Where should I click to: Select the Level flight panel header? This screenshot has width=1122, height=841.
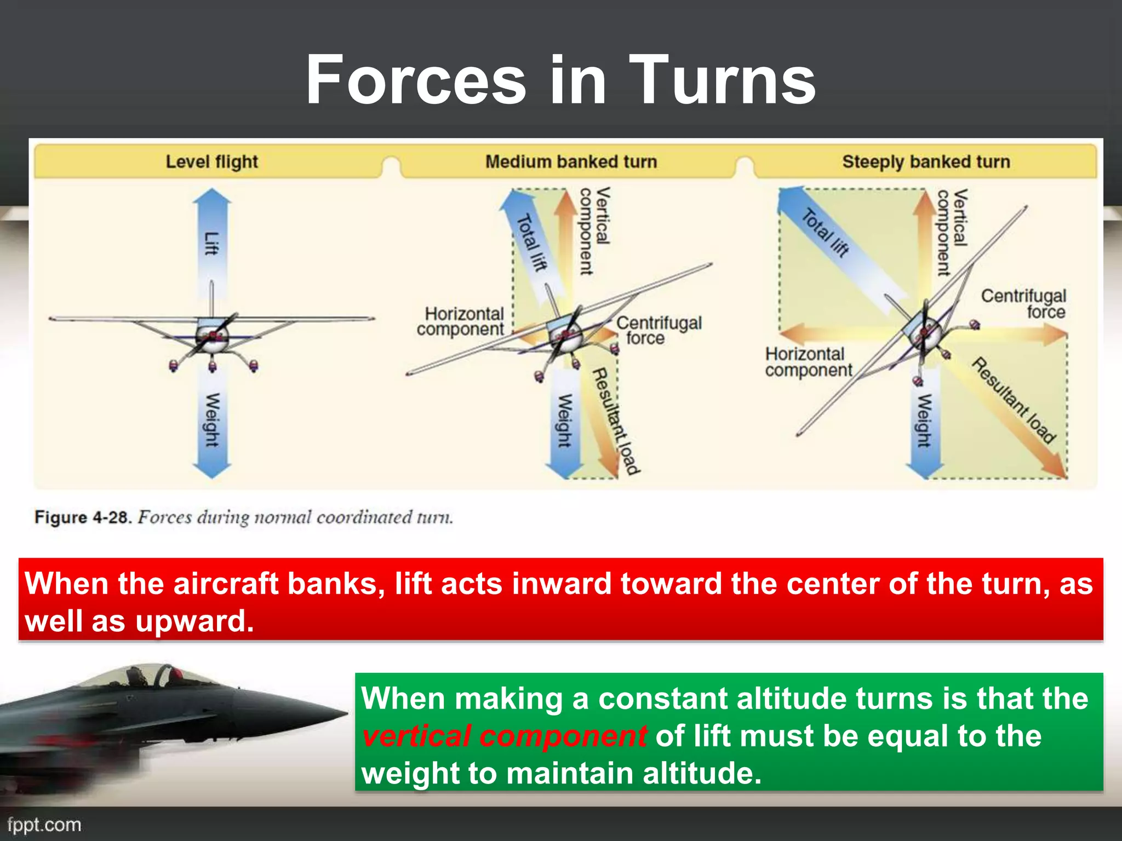tap(211, 162)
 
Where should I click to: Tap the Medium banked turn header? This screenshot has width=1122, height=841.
tap(571, 162)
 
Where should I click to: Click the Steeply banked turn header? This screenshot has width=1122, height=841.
tap(926, 162)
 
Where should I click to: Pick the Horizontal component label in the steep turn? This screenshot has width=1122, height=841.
tap(808, 362)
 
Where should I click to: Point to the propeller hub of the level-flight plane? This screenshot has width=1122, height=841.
tap(212, 335)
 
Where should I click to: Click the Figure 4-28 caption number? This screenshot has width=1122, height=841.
tap(82, 517)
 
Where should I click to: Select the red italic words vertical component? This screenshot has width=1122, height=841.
tap(504, 736)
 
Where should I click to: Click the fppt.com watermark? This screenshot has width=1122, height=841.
tap(44, 825)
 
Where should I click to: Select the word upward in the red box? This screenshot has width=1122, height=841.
tap(194, 621)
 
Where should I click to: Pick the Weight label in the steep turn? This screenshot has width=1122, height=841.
tap(924, 420)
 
